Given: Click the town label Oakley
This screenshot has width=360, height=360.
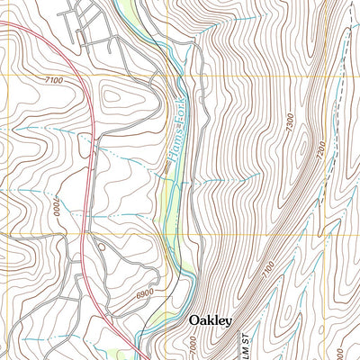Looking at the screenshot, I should (x=211, y=320).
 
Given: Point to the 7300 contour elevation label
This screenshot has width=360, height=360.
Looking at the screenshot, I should (x=289, y=125).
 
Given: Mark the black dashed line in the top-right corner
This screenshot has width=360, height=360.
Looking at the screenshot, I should (x=347, y=27).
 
